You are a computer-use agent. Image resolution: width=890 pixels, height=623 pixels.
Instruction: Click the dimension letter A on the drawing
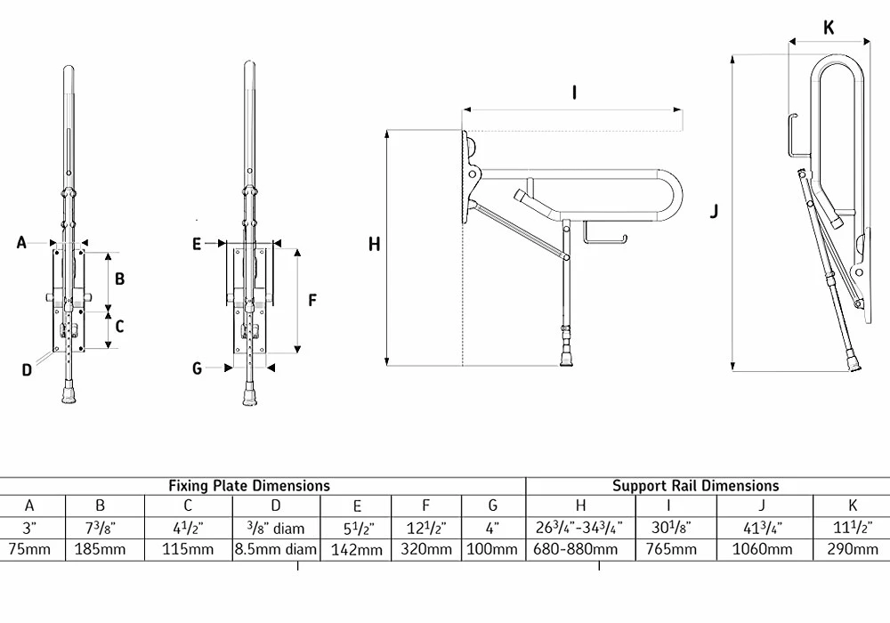(x=21, y=241)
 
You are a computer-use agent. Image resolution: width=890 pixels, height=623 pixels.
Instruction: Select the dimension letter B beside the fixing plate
(x=119, y=279)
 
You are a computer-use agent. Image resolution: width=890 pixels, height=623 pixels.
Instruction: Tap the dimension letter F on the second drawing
(x=312, y=301)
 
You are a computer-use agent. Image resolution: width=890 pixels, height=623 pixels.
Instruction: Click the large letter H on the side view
(x=374, y=244)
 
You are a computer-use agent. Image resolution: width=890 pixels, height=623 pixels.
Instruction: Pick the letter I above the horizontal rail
(x=574, y=92)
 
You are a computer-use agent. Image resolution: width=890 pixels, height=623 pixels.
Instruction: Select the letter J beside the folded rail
(x=715, y=211)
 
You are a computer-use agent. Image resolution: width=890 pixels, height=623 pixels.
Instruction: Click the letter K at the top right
(x=829, y=28)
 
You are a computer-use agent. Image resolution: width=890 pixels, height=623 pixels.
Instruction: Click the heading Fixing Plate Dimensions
(x=249, y=486)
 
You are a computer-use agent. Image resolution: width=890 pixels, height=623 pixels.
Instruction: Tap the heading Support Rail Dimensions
(x=695, y=486)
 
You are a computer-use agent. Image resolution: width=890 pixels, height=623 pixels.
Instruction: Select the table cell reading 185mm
(x=100, y=550)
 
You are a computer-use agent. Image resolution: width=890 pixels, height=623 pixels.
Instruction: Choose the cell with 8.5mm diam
(x=275, y=550)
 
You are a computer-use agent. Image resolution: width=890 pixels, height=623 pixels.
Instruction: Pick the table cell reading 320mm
(x=425, y=550)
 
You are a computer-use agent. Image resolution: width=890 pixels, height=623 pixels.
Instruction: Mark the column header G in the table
(x=492, y=506)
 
